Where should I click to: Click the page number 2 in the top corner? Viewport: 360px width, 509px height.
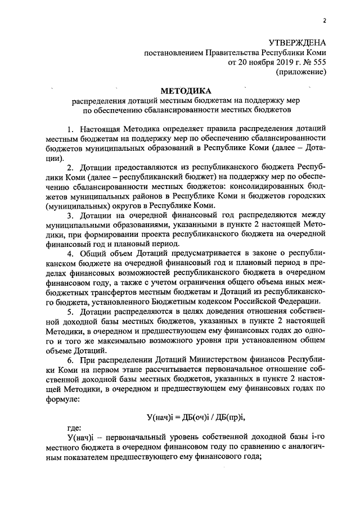pyautogui.click(x=325, y=21)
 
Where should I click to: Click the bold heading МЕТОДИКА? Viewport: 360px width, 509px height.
pyautogui.click(x=186, y=91)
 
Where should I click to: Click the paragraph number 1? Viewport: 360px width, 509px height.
pyautogui.click(x=69, y=129)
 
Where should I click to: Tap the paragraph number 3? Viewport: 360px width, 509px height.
pyautogui.click(x=69, y=215)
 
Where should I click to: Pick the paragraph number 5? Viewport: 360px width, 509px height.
pyautogui.click(x=69, y=310)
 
